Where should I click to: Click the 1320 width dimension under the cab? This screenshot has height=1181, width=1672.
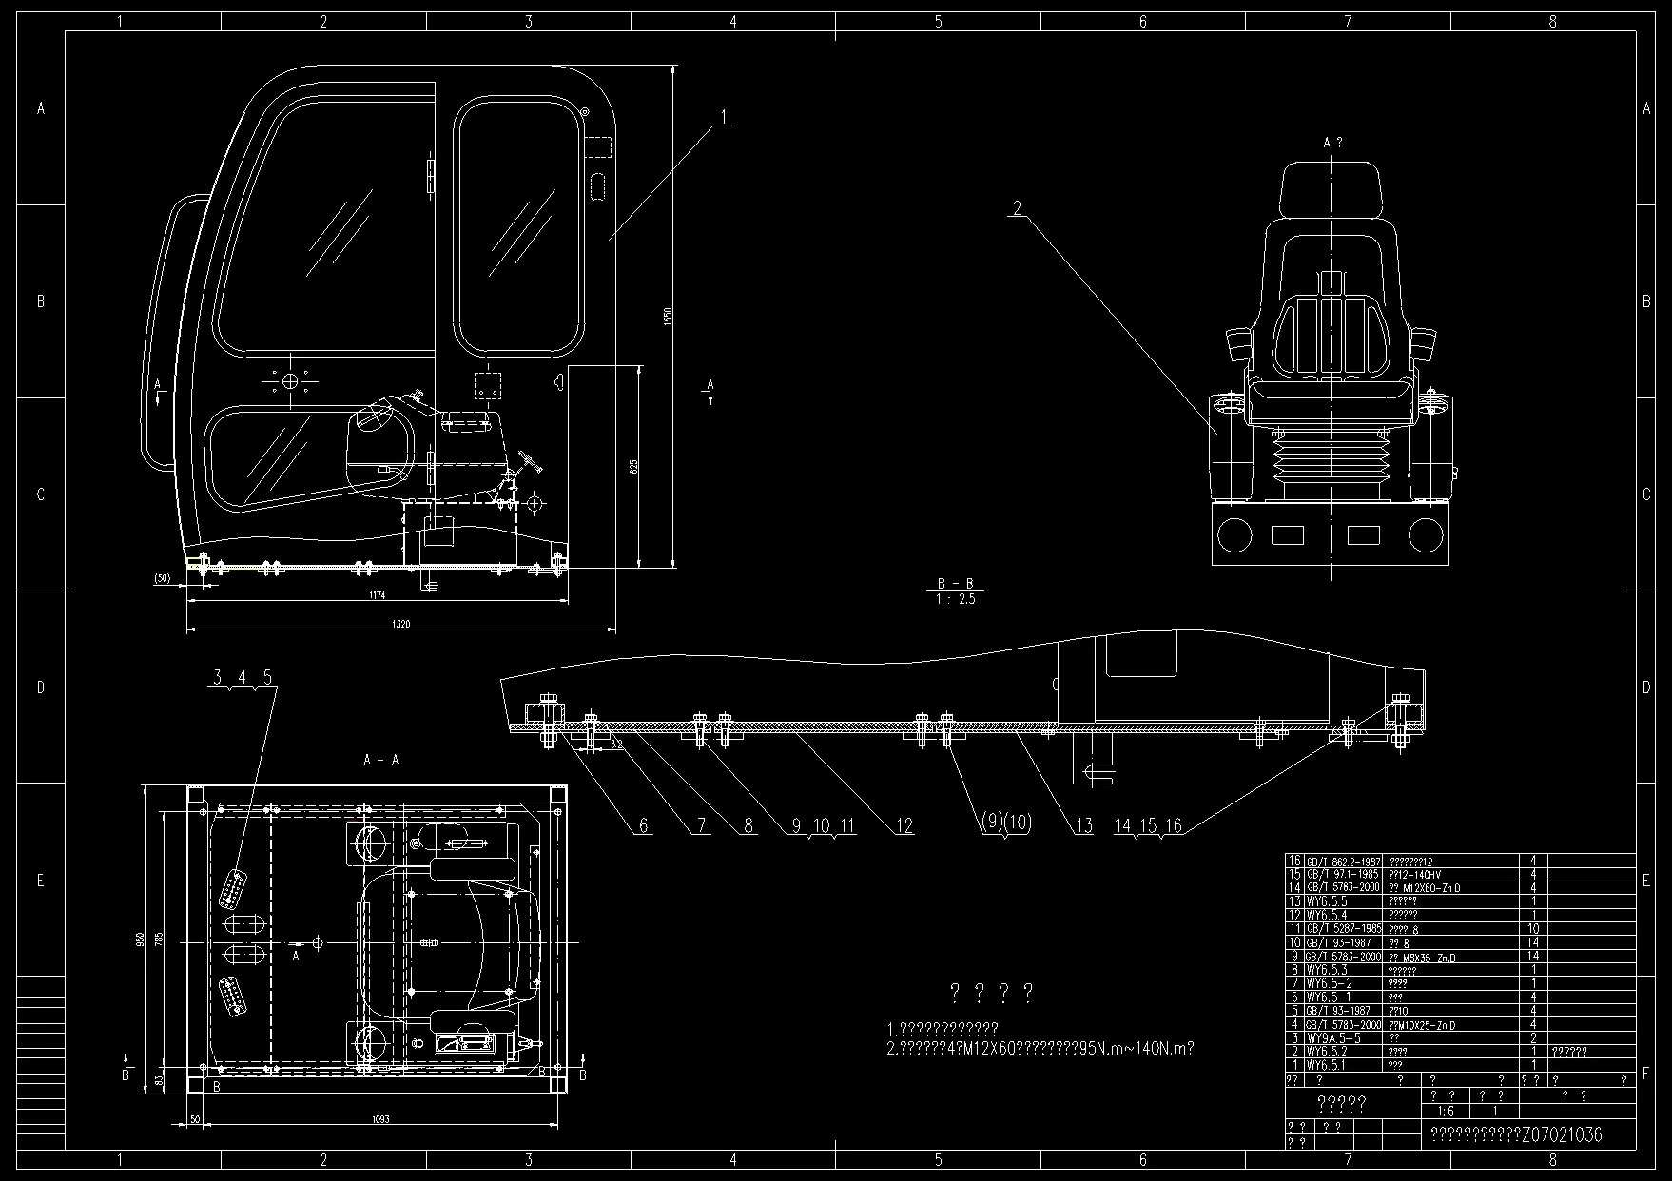coord(400,624)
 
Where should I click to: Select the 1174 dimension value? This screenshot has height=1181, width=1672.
coord(377,595)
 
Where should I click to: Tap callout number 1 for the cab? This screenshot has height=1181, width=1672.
coord(724,117)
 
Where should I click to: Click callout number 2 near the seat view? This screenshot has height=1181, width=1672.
coord(1017,207)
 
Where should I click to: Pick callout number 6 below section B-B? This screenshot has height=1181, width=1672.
coord(644,825)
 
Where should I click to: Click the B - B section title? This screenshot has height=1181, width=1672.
coord(955,584)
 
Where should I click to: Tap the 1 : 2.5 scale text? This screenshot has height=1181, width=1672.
coord(955,599)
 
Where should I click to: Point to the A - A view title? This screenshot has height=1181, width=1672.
coord(381,760)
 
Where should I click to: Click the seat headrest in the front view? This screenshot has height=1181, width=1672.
coord(1331,190)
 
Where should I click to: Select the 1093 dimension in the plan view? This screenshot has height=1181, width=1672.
coord(381,1119)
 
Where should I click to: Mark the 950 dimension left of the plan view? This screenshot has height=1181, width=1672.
coord(141,939)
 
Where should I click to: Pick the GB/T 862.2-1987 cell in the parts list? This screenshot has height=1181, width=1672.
coord(1342,861)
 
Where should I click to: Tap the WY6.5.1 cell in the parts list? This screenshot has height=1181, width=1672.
coord(1325,1066)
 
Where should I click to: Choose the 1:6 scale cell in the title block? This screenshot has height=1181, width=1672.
coord(1446,1111)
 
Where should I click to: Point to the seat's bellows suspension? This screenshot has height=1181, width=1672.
coord(1331,464)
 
